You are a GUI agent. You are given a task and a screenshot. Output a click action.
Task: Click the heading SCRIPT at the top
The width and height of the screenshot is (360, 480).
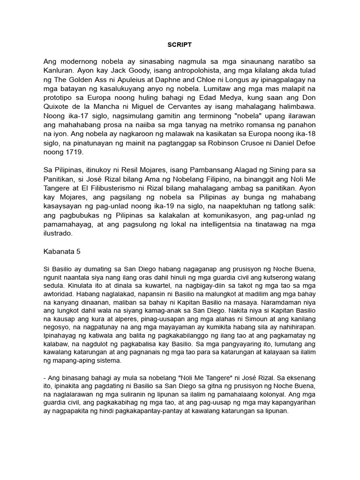pyautogui.click(x=180, y=45)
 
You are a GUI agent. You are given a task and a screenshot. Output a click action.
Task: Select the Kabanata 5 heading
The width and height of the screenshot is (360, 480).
pyautogui.click(x=62, y=251)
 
